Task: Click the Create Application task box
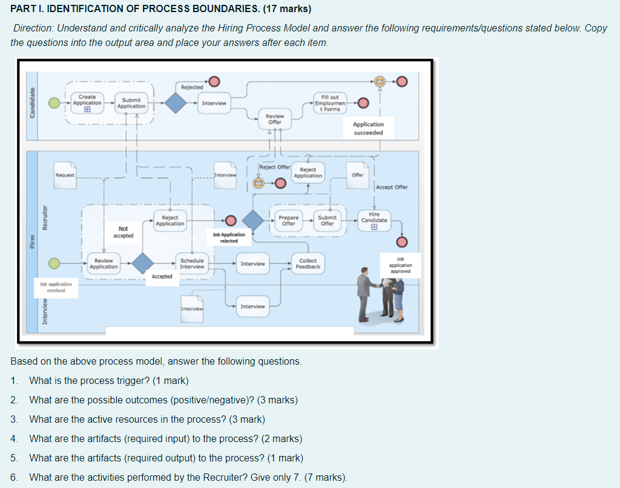click(x=87, y=103)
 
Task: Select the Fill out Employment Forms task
click(x=330, y=103)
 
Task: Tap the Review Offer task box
click(x=275, y=119)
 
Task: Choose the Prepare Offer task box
click(x=289, y=220)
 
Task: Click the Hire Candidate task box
click(x=374, y=220)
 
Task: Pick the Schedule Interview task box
click(x=192, y=264)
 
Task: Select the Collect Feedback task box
click(x=308, y=264)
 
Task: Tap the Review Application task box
click(x=104, y=264)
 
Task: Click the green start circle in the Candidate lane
click(x=54, y=103)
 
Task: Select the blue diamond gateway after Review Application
click(x=143, y=263)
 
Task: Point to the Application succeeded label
click(x=368, y=128)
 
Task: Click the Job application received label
click(x=56, y=287)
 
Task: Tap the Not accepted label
click(x=123, y=232)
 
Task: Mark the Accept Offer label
click(x=392, y=187)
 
